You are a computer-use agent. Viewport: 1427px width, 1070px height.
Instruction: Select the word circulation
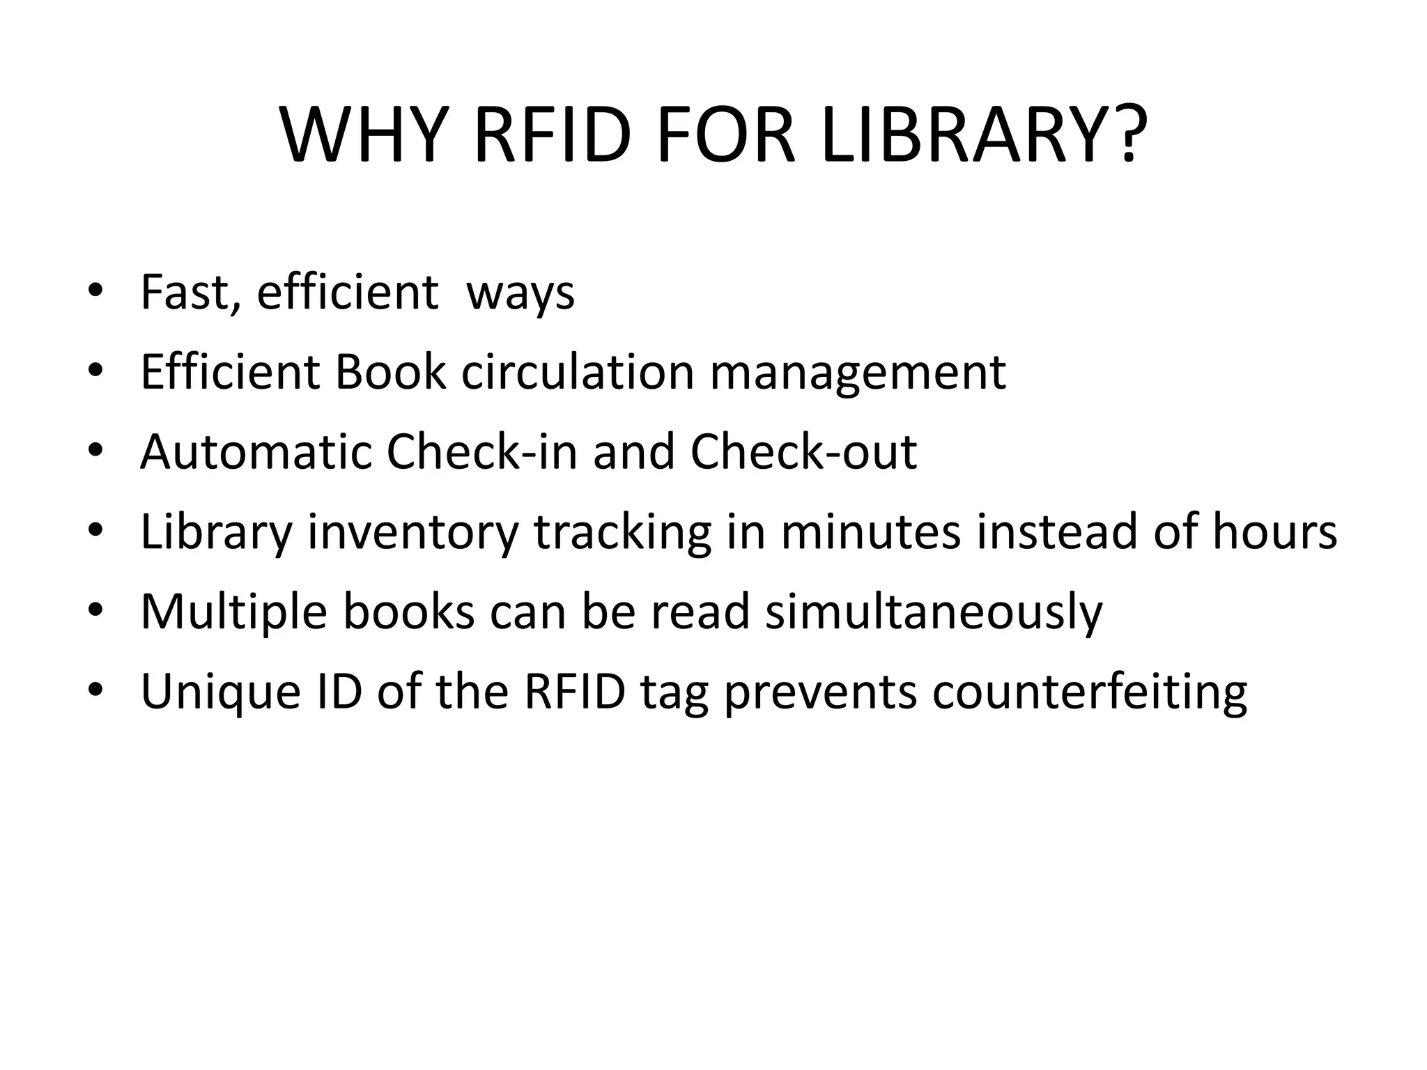(x=578, y=372)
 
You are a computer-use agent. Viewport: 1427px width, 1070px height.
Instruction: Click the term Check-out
(x=803, y=452)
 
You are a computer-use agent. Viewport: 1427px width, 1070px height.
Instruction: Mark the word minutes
(x=871, y=532)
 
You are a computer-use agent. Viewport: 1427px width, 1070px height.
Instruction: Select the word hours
(x=1274, y=532)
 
